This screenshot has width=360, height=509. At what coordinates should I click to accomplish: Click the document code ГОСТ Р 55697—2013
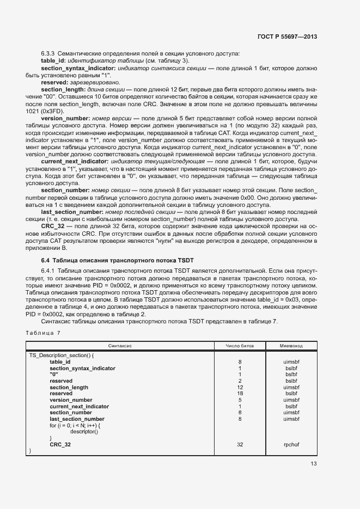[x=286, y=37]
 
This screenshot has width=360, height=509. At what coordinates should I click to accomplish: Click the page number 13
[x=313, y=464]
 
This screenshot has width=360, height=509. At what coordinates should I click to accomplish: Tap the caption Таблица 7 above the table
[x=44, y=333]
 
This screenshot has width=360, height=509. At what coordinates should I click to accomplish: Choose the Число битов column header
[x=240, y=346]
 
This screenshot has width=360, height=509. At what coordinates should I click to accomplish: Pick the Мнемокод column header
[x=291, y=346]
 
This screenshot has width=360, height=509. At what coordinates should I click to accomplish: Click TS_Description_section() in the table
[x=62, y=355]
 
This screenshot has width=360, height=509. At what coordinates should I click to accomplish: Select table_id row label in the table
[x=60, y=362]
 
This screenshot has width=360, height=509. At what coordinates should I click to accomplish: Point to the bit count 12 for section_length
[x=240, y=388]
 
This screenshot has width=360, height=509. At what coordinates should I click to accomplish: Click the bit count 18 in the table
[x=240, y=394]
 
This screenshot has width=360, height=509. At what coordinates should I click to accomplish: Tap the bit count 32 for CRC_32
[x=240, y=445]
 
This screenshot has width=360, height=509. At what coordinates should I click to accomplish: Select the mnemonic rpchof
[x=291, y=445]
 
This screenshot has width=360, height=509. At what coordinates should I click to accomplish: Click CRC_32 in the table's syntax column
[x=60, y=445]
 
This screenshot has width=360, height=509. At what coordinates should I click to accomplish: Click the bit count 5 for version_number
[x=240, y=400]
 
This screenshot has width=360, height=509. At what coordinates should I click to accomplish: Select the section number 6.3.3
[x=48, y=53]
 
